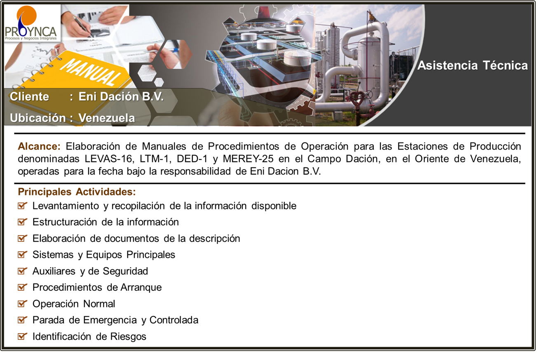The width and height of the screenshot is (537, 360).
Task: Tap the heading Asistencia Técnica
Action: point(472,65)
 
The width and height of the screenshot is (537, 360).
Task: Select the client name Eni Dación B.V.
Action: point(121,96)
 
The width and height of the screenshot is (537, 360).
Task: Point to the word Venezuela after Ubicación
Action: point(107,118)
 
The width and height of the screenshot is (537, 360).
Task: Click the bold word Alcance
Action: point(39,146)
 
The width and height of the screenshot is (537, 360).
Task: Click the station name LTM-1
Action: point(155,159)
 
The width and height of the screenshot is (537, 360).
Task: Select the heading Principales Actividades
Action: point(77,192)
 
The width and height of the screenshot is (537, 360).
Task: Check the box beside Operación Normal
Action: point(22,304)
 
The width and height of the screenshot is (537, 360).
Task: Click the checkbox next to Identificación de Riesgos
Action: point(22,336)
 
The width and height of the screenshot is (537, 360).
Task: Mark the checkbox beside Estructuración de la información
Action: point(22,222)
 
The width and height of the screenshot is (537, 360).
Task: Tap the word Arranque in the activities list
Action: point(141,288)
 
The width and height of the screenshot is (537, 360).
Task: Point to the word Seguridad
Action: point(125,271)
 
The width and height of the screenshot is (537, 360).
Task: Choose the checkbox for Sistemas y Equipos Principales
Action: point(22,255)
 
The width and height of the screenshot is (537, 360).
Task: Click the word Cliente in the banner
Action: point(29,96)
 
